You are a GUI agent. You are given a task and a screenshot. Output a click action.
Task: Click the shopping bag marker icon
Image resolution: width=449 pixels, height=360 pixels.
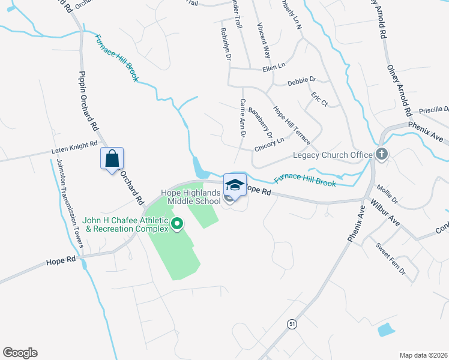[x=112, y=159]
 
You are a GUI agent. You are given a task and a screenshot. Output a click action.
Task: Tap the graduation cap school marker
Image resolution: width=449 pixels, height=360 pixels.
[x=235, y=184]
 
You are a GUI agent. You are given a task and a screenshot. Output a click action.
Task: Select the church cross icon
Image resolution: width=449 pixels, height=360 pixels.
[x=381, y=154]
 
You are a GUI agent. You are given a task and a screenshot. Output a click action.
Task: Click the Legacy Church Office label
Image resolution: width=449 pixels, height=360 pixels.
[x=333, y=155]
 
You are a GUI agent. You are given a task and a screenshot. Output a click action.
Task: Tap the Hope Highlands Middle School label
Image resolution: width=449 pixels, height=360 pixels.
[x=191, y=197]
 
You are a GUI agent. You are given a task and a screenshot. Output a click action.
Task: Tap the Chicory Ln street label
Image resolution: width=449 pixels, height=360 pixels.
[x=269, y=145]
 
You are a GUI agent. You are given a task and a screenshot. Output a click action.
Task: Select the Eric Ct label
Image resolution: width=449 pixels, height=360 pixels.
[x=319, y=99]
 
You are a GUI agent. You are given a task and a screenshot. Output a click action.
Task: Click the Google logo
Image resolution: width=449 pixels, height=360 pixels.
[x=20, y=353]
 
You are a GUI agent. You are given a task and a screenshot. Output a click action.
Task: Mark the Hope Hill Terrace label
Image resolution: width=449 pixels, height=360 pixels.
[x=292, y=125]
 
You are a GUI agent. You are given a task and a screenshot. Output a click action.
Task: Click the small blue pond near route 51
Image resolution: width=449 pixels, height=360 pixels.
[x=386, y=329]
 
